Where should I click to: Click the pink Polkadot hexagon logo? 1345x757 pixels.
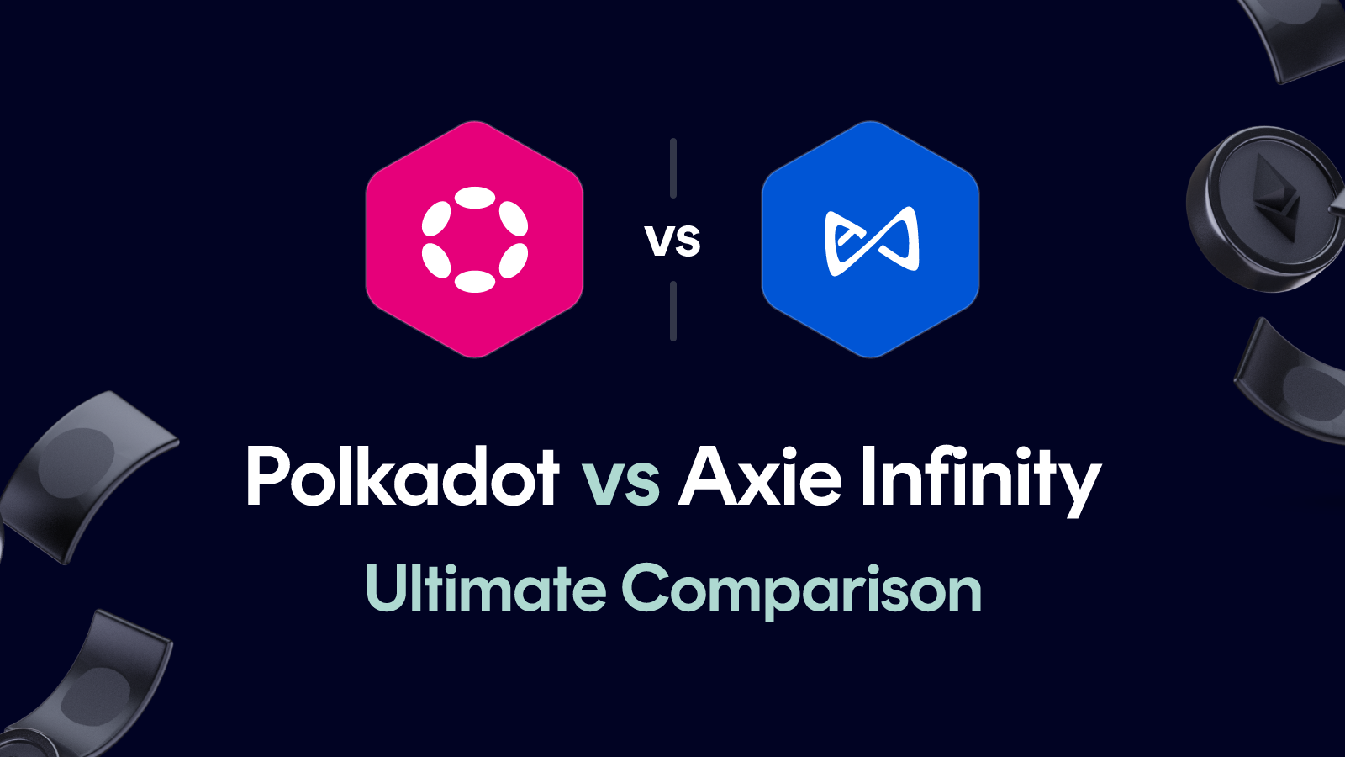[474, 239]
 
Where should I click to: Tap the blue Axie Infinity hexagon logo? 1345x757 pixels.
[870, 239]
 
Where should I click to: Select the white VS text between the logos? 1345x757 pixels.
[672, 241]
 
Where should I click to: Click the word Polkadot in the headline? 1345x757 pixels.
[402, 477]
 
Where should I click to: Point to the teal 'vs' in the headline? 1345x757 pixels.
[620, 481]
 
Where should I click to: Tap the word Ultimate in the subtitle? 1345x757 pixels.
[486, 588]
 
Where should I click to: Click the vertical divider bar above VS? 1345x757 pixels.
[673, 168]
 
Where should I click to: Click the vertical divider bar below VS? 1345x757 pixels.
[673, 311]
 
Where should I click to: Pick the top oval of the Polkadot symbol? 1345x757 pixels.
[475, 198]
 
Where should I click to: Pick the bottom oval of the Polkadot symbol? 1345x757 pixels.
[475, 281]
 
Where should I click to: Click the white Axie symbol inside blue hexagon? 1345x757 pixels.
[872, 241]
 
